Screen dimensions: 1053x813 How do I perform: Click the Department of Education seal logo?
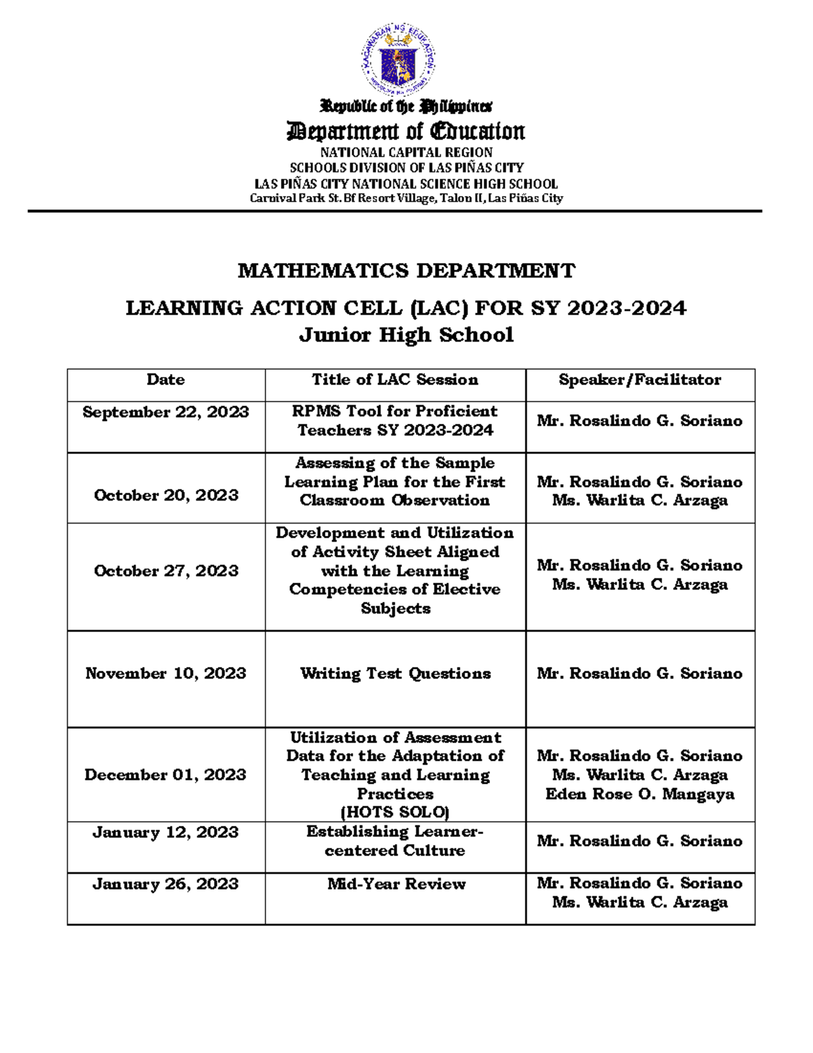coord(398,60)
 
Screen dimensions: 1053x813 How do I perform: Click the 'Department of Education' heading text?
coord(406,131)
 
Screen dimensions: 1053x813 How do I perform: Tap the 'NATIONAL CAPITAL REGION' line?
coord(406,153)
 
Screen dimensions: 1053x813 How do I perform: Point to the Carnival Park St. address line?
coord(406,198)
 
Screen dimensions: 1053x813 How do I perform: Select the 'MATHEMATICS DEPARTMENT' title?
coord(406,271)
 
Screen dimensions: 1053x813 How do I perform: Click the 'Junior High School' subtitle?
coord(406,335)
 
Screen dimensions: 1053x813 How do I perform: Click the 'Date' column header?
coord(165,380)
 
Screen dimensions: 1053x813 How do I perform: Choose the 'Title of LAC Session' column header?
coord(395,380)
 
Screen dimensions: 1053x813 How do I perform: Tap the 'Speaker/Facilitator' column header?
coord(640,380)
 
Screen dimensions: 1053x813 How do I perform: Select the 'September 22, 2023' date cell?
coord(165,412)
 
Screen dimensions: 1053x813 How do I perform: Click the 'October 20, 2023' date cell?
coord(166,496)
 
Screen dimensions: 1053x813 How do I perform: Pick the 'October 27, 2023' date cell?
coord(166,571)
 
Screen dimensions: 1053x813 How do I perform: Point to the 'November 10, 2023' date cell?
coord(165,673)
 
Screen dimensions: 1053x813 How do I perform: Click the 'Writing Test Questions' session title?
coord(395,673)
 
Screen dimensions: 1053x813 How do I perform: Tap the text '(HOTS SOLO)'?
coord(395,812)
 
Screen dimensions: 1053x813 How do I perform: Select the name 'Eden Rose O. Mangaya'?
coord(640,794)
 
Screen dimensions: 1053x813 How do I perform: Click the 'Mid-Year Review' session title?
coord(396,884)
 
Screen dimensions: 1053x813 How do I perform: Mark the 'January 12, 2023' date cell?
coord(165,833)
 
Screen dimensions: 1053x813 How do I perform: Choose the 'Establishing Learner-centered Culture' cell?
coord(395,841)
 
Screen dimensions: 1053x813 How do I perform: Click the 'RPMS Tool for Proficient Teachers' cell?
coord(395,420)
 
